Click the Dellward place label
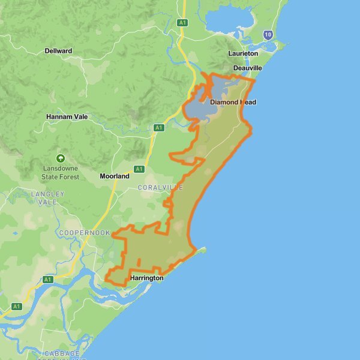[x=58, y=51]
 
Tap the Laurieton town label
[x=243, y=53]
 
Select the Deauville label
[x=248, y=68]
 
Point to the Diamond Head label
[x=233, y=102]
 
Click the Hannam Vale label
[x=67, y=117]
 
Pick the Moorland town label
[x=114, y=176]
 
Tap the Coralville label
[x=160, y=188]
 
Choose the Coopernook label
[x=85, y=233]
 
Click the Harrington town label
[x=146, y=278]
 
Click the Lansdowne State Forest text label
[x=60, y=173]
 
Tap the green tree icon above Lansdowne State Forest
[x=60, y=158]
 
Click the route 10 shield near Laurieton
[x=268, y=35]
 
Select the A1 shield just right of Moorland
[x=139, y=169]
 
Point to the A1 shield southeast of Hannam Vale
[x=158, y=128]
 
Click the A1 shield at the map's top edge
[x=182, y=22]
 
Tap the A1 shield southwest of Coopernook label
[x=48, y=280]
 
